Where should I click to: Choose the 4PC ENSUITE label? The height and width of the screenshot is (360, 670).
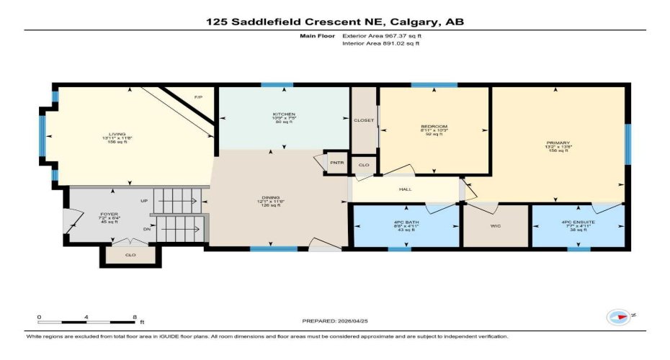[577, 222]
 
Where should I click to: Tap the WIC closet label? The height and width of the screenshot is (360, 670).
[496, 226]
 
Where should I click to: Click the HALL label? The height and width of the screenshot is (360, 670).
[405, 190]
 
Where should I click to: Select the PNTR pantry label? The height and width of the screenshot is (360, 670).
[336, 163]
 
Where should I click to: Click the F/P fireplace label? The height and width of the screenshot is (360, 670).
[199, 96]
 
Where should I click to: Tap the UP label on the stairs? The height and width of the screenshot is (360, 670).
[144, 201]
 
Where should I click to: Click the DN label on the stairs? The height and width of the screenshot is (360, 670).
[147, 229]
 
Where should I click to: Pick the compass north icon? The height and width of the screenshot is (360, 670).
[618, 317]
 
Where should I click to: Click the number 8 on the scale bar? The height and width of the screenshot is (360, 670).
[134, 317]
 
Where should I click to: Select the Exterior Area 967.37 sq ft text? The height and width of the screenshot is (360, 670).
[382, 35]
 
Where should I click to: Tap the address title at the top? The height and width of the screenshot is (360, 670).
[335, 22]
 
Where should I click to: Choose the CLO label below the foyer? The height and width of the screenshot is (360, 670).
[130, 254]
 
